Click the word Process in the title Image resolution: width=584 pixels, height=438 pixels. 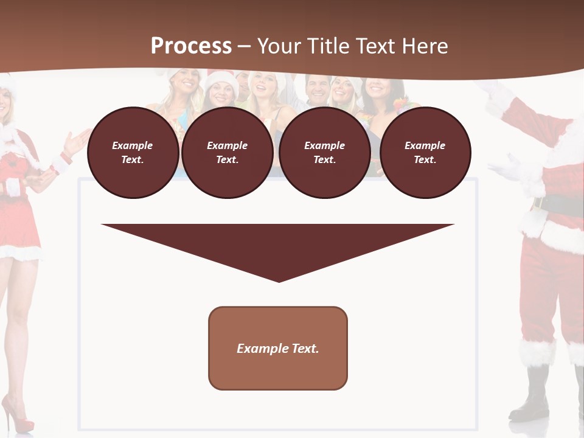191,46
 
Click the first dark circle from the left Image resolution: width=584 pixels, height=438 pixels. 133,153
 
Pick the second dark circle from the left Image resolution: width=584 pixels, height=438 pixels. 227,153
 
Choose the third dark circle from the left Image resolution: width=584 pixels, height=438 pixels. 324,153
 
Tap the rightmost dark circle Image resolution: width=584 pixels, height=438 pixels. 425,153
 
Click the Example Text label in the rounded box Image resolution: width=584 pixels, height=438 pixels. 278,349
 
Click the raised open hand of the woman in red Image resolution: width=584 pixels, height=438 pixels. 76,142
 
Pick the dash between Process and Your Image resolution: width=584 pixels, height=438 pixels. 244,46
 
